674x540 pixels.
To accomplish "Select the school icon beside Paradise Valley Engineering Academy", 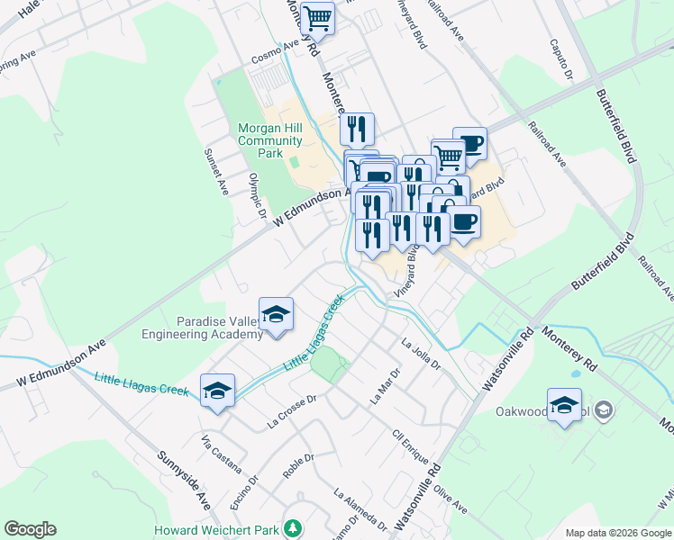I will pos(276,315).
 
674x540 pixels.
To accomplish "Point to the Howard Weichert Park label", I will pos(215,530).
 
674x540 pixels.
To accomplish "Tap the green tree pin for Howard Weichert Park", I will pos(291,526).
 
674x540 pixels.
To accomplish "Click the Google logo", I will pos(30,529).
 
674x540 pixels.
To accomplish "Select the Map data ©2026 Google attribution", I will pos(618,533).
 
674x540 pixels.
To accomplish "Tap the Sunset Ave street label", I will pos(216,172).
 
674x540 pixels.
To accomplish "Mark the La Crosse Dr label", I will pos(293,409).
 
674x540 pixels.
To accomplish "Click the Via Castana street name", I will pos(222,454).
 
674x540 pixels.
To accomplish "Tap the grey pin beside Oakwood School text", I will pos(606,411).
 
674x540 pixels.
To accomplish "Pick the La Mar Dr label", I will pos(383,386).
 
